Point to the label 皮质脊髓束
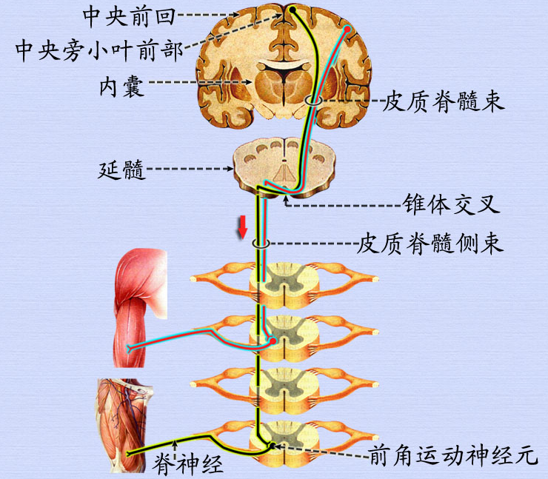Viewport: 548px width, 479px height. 443,101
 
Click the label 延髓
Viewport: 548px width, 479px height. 122,170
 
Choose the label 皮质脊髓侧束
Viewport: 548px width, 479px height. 430,242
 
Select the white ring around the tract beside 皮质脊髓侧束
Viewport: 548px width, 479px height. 260,243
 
